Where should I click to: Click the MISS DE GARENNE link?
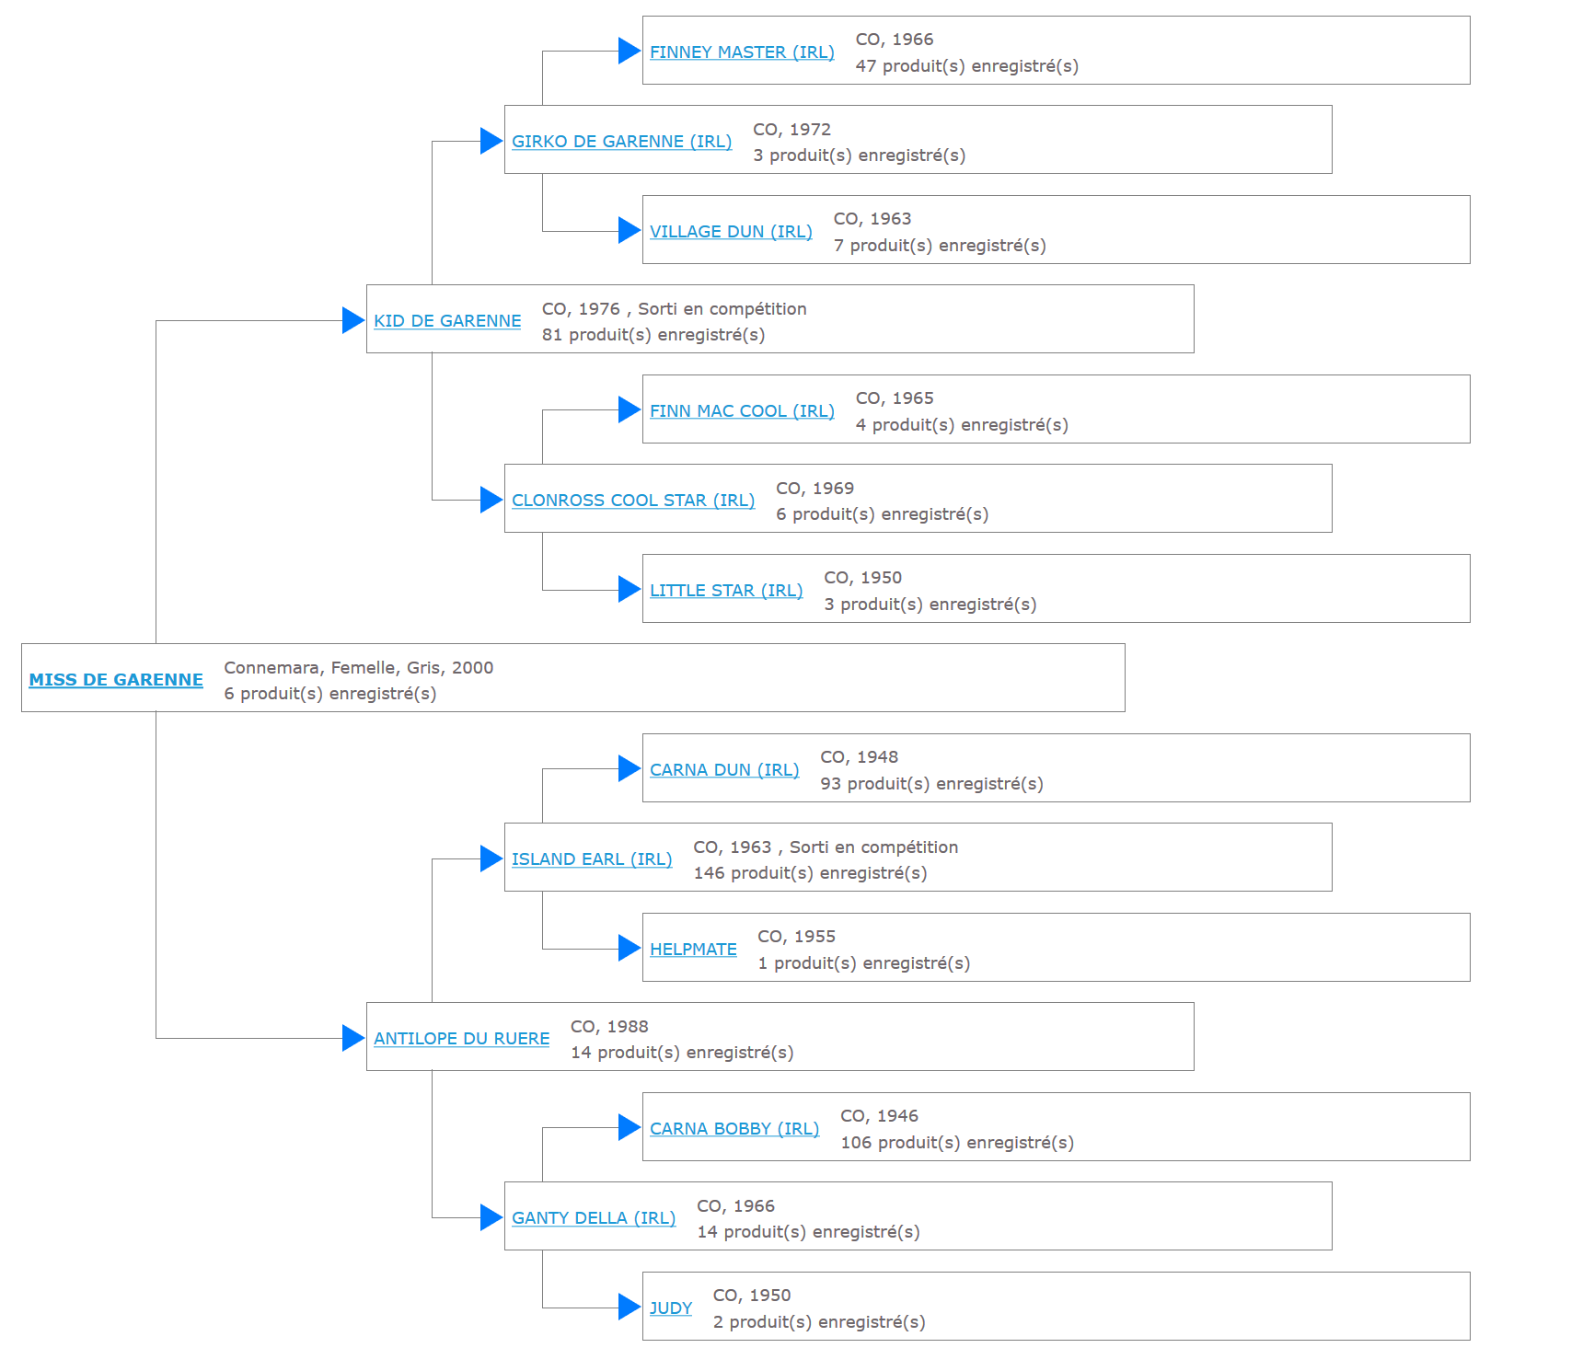click(x=116, y=679)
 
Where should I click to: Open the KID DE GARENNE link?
click(x=447, y=320)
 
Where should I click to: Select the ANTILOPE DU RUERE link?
click(x=461, y=1038)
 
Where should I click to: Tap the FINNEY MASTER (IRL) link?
click(x=742, y=52)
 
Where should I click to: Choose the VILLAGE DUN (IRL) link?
click(x=731, y=231)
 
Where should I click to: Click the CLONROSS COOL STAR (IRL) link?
click(x=633, y=500)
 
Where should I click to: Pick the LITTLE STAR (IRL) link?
click(x=726, y=590)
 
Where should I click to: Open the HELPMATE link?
click(x=693, y=949)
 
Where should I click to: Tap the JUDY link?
click(x=671, y=1308)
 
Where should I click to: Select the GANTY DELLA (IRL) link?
click(x=594, y=1217)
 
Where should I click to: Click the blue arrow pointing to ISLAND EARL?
click(x=491, y=858)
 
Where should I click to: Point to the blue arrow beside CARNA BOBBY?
click(x=630, y=1127)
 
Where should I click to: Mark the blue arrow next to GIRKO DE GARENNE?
click(x=491, y=141)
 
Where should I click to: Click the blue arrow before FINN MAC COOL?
click(x=630, y=409)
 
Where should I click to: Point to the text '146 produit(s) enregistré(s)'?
click(x=810, y=872)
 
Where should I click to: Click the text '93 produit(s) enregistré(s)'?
click(x=931, y=783)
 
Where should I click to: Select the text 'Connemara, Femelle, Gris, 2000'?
click(x=359, y=667)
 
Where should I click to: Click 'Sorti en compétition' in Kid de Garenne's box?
click(x=722, y=308)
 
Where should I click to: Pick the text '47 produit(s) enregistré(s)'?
click(x=967, y=65)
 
